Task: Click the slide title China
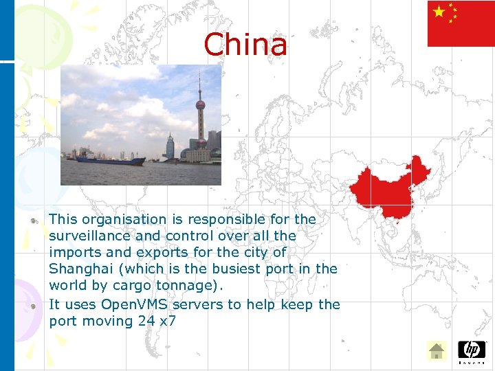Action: coord(245,45)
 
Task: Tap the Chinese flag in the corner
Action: coord(461,24)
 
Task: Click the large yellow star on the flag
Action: coord(439,12)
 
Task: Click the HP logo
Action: coord(472,350)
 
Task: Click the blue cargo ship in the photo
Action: coord(110,160)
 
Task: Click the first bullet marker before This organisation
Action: coord(33,221)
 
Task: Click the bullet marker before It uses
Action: coord(33,306)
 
